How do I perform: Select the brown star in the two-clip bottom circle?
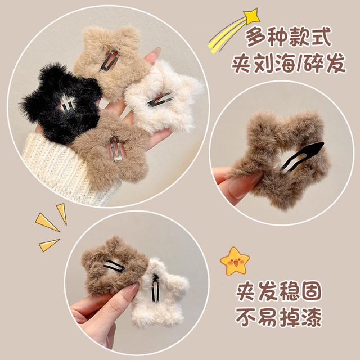point(110,264)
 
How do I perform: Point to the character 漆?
point(312,318)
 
